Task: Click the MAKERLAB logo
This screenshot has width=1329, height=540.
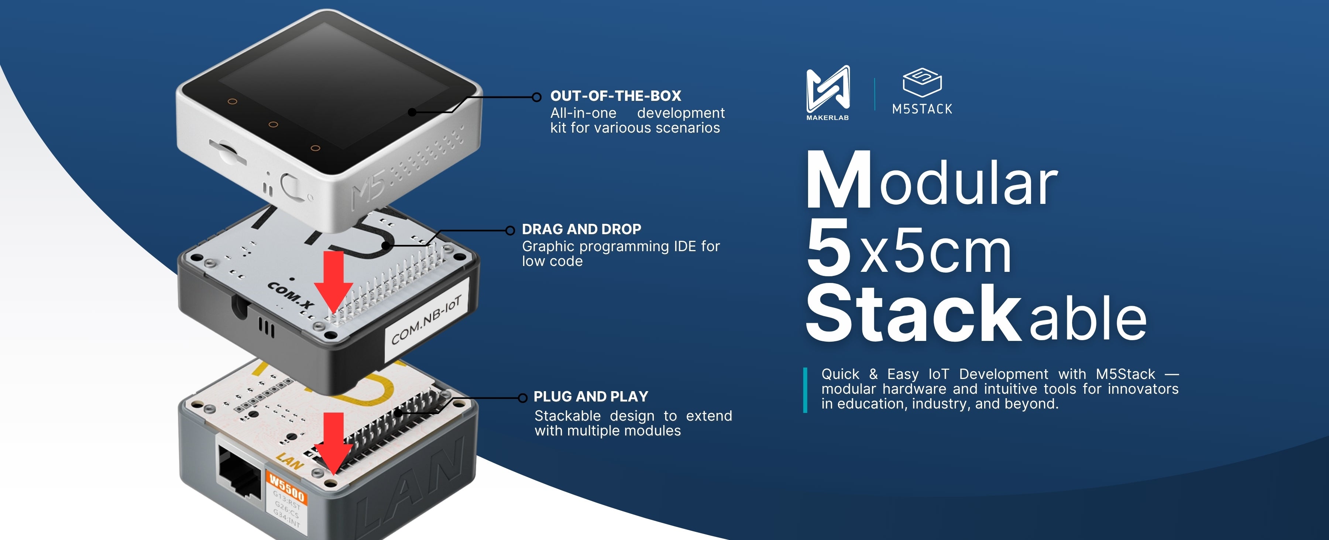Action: click(828, 93)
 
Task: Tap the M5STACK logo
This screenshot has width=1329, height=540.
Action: click(922, 92)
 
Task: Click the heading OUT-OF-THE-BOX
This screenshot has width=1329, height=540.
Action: click(615, 96)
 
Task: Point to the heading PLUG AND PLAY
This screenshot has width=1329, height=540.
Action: click(591, 396)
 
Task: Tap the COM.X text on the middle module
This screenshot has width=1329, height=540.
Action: click(291, 295)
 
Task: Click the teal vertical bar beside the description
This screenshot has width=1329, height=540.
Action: click(805, 390)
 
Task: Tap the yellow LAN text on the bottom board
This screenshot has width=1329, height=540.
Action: click(289, 461)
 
